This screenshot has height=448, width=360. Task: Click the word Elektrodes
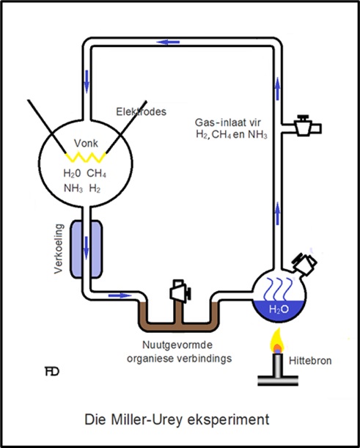(142, 111)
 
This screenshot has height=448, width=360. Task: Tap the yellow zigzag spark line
(86, 158)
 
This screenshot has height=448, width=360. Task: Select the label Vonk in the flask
(86, 144)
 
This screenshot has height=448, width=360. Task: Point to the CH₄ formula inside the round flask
(97, 174)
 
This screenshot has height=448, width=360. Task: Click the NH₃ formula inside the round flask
(73, 188)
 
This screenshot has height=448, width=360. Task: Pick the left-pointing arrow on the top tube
(168, 42)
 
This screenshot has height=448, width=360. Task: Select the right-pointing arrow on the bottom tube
(120, 295)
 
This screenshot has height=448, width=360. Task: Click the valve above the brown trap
(180, 290)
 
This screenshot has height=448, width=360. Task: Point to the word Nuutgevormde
(177, 345)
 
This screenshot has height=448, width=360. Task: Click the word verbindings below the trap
(205, 359)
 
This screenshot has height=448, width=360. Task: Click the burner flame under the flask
(277, 342)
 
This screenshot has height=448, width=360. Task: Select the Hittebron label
(310, 361)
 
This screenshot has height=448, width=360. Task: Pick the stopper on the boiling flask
(304, 263)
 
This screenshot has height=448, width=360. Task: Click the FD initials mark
(52, 372)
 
